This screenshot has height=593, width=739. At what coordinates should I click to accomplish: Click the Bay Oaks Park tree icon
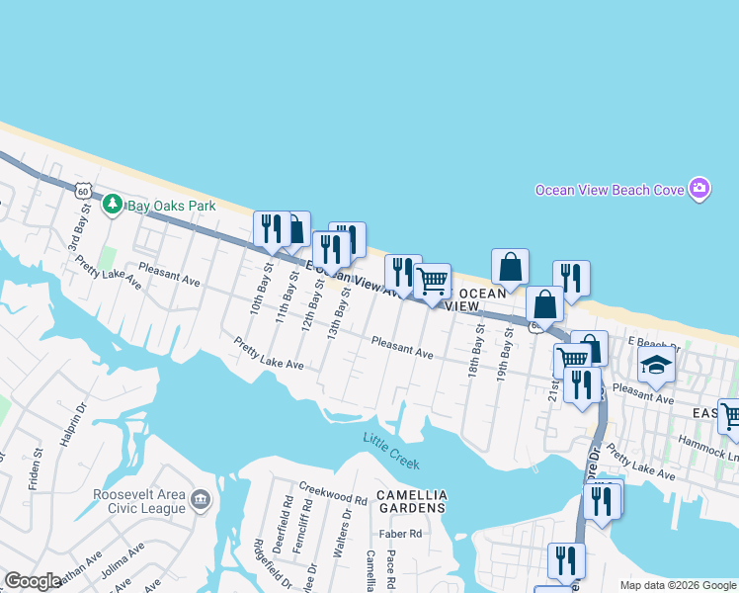113,205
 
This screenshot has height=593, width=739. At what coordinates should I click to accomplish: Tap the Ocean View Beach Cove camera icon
699,188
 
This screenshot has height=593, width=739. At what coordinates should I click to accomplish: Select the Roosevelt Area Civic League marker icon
201,500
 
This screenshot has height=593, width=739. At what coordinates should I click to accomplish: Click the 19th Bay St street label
506,350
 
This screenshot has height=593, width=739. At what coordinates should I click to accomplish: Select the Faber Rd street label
403,534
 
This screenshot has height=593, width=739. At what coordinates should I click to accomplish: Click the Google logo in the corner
33,581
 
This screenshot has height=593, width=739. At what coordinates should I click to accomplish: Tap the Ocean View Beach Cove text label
610,190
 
